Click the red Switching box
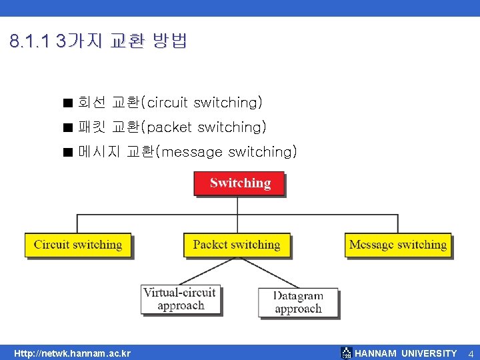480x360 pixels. [239, 183]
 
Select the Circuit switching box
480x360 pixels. [78, 245]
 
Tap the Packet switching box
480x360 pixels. [237, 245]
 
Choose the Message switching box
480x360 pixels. [397, 245]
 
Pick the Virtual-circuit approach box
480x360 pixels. [180, 299]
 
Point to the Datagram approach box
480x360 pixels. [298, 302]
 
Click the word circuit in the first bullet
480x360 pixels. [167, 103]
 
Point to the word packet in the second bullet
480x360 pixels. [169, 127]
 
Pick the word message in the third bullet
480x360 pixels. [192, 152]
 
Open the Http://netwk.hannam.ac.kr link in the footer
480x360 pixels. [73, 353]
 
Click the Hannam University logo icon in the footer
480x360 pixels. [346, 353]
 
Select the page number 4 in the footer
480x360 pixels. [470, 353]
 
